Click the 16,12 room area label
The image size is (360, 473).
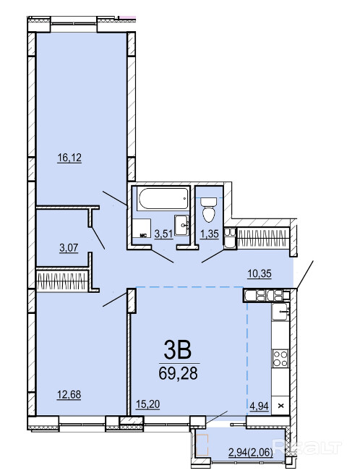pyautogui.click(x=69, y=158)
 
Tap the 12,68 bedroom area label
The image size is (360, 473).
pyautogui.click(x=69, y=395)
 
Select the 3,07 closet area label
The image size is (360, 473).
pyautogui.click(x=69, y=248)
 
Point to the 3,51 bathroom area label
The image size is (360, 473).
pyautogui.click(x=163, y=234)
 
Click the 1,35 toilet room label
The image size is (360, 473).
pyautogui.click(x=210, y=234)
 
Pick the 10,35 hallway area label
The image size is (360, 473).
pyautogui.click(x=260, y=274)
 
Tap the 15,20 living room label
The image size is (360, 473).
pyautogui.click(x=147, y=404)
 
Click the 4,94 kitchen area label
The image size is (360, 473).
pyautogui.click(x=259, y=406)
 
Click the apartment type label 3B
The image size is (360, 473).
pyautogui.click(x=178, y=350)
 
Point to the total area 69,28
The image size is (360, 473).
pyautogui.click(x=178, y=373)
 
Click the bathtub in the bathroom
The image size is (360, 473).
pyautogui.click(x=163, y=198)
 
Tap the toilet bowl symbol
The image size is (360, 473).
pyautogui.click(x=210, y=209)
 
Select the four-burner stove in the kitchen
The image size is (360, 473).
pyautogui.click(x=280, y=358)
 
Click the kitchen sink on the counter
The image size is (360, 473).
pyautogui.click(x=280, y=312)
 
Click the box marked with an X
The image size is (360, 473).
pyautogui.click(x=280, y=406)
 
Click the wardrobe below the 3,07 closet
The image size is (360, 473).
pyautogui.click(x=62, y=281)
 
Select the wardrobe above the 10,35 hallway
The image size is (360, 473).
pyautogui.click(x=264, y=238)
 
